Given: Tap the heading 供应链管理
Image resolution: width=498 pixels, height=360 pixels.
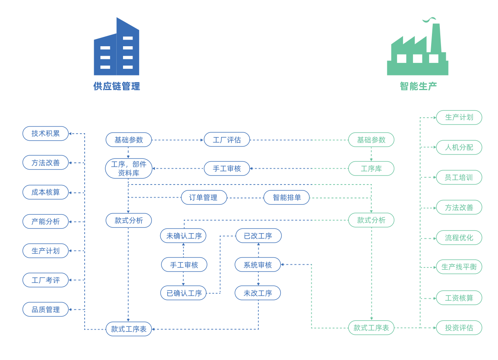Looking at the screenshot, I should pos(117,86).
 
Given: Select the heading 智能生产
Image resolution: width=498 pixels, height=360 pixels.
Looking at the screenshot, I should pos(418,86).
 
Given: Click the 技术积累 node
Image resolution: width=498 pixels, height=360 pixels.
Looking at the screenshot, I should pos(45,134).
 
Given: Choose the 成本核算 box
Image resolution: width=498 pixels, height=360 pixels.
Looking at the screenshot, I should pos(45,192).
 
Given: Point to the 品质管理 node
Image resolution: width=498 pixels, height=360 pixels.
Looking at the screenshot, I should pos(45,309).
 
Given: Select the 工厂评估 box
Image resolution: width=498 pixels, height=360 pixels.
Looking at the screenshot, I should pos(227,140).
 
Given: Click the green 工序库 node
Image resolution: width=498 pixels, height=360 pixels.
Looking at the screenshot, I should pos(371,169).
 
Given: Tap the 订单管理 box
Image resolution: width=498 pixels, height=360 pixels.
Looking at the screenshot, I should pos(204,198).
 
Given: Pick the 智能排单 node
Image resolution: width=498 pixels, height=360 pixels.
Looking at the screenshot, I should pos(286,198).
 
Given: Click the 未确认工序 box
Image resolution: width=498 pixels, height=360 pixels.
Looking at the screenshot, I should pos(183,236).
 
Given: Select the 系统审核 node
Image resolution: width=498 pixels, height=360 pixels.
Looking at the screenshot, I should pos(258,265).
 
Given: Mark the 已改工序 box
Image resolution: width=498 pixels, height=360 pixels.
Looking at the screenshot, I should pos(258,236).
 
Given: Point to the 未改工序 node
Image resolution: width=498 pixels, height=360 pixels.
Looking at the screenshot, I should pos(258,293).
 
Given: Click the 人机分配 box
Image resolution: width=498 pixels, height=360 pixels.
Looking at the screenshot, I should pos(459,147).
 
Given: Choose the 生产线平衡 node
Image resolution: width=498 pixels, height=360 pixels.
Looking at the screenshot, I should pos(459,267).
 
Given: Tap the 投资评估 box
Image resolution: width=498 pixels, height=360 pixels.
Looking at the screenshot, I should pos(459,328).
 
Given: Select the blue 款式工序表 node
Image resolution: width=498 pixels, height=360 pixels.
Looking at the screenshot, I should pos(129,329).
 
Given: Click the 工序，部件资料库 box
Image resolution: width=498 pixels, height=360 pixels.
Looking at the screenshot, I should pos(129,169).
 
